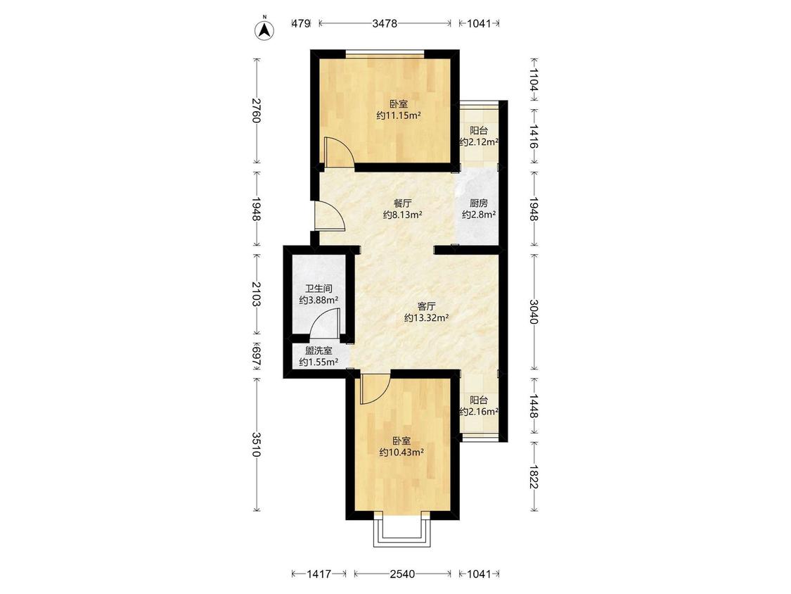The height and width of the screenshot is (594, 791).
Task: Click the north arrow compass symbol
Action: pyautogui.click(x=264, y=30)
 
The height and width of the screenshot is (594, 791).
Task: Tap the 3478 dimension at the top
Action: pyautogui.click(x=385, y=23)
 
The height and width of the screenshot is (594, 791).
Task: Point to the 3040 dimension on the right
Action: pyautogui.click(x=534, y=311)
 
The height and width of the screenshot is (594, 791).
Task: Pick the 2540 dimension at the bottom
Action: pyautogui.click(x=403, y=574)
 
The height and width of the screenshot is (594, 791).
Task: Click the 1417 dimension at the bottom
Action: pyautogui.click(x=319, y=574)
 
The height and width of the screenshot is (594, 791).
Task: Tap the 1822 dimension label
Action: pyautogui.click(x=534, y=476)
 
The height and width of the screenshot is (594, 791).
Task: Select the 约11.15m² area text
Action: pyautogui.click(x=399, y=115)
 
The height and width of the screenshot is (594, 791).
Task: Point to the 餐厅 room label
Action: pyautogui.click(x=403, y=203)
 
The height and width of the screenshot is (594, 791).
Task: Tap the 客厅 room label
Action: pyautogui.click(x=426, y=306)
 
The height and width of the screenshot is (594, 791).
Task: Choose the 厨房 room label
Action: pyautogui.click(x=479, y=203)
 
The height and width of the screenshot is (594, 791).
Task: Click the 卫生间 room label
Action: pyautogui.click(x=319, y=289)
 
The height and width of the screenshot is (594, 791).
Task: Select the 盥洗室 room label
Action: pyautogui.click(x=319, y=350)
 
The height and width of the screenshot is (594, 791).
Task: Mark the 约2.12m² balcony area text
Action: pyautogui.click(x=480, y=142)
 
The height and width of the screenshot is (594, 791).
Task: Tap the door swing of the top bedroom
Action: pyautogui.click(x=338, y=151)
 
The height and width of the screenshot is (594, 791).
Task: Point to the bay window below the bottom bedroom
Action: pyautogui.click(x=403, y=530)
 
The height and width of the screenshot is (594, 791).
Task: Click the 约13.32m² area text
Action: pyautogui.click(x=427, y=318)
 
